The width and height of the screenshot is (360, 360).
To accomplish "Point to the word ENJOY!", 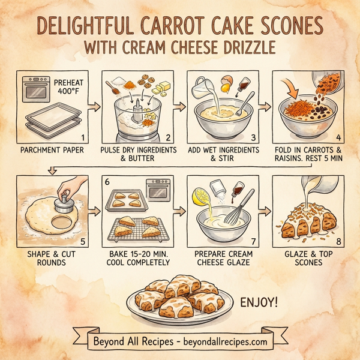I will coord(260,301).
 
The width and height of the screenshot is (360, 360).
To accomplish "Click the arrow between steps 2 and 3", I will coord(178,107).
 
